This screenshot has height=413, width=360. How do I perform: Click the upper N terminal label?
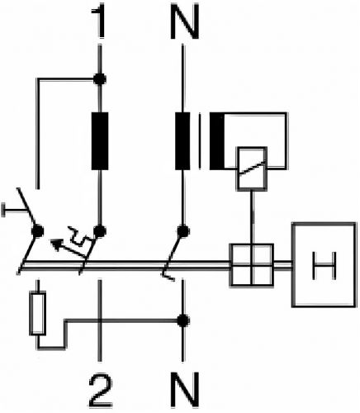click(x=185, y=22)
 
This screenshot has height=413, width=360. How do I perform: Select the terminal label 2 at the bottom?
click(x=101, y=391)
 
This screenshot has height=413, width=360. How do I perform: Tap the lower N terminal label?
click(x=185, y=391)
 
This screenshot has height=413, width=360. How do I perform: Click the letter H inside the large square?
click(x=324, y=265)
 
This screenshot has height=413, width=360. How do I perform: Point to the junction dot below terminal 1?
click(x=100, y=79)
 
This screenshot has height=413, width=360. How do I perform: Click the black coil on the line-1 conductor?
click(x=100, y=140)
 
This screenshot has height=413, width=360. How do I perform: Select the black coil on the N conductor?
click(x=182, y=140)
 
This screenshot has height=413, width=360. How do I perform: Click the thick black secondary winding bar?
click(x=217, y=140)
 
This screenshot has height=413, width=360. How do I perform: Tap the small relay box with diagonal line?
click(x=252, y=169)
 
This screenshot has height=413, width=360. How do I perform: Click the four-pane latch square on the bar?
click(x=252, y=265)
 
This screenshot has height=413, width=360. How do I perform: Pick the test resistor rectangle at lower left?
click(x=38, y=314)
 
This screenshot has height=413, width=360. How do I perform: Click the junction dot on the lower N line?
click(x=182, y=320)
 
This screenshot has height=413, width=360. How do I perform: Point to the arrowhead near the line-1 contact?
click(x=56, y=244)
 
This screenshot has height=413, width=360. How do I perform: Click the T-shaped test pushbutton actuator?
click(x=14, y=211)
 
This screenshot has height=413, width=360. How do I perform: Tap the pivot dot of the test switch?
click(x=38, y=230)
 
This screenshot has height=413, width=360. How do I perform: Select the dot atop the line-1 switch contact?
click(x=100, y=231)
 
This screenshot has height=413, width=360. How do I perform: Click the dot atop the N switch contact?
click(x=182, y=231)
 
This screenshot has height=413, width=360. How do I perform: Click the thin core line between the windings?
click(x=200, y=140)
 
